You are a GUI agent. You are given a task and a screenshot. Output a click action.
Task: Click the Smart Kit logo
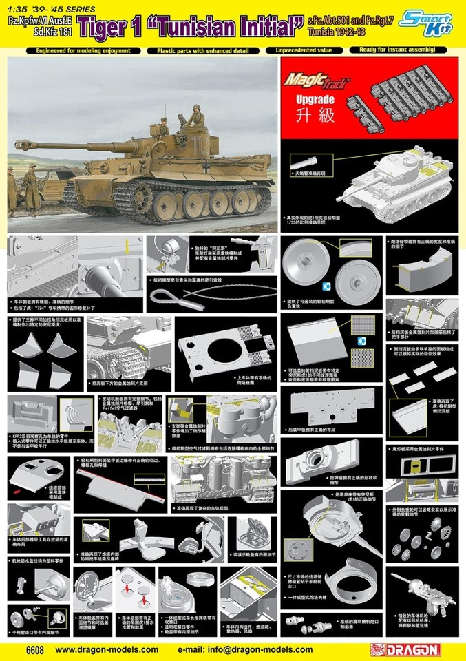pos(432,21)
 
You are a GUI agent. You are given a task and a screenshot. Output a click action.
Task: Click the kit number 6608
pos(17,649)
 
